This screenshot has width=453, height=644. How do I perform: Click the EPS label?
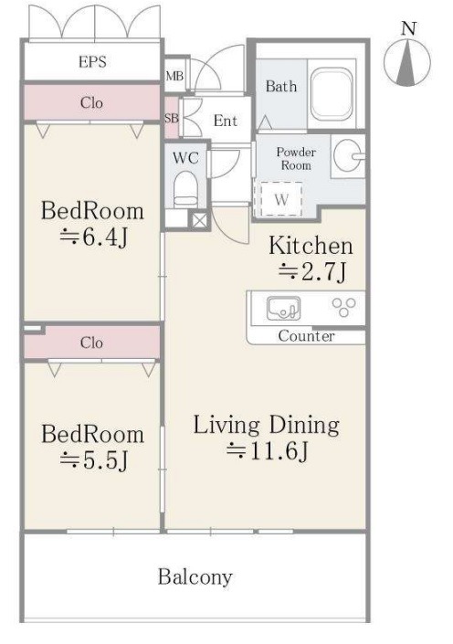point(92,62)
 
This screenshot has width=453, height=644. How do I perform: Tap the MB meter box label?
point(174,76)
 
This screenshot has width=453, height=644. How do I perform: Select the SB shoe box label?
point(172,118)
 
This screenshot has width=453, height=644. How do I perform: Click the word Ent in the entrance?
point(225,121)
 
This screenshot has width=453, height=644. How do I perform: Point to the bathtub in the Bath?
point(332,94)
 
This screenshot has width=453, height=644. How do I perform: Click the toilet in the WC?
point(185,190)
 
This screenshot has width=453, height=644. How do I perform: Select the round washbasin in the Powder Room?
point(347,155)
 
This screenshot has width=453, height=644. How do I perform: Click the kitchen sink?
point(283,309)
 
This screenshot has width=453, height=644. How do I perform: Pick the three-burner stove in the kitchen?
point(343,307)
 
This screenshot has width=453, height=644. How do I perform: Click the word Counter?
point(306,336)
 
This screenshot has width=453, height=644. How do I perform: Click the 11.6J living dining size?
point(267,451)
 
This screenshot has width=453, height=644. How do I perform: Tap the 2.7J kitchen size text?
point(312,271)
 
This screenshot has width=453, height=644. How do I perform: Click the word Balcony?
point(195,577)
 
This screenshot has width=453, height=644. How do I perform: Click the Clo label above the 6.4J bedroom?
point(91,102)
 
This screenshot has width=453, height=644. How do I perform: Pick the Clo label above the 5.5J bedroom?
point(91,343)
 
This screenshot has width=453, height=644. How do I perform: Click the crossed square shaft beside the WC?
point(200,220)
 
